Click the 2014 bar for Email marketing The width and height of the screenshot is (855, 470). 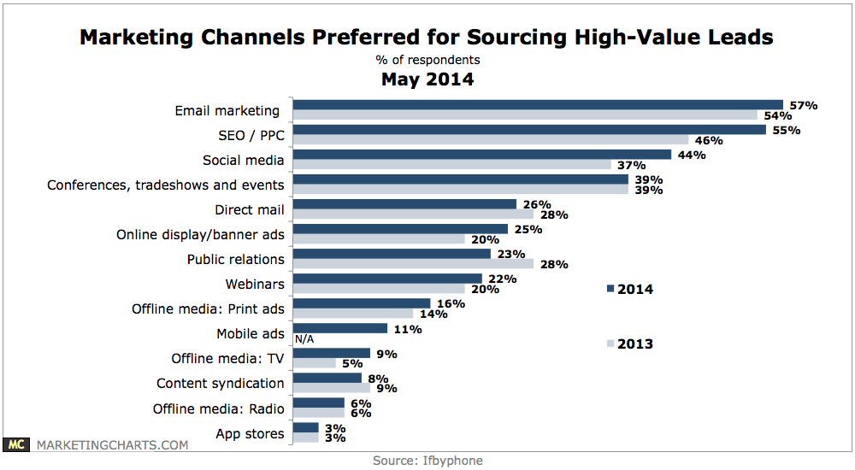point(538,105)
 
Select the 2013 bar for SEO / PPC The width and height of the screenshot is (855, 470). point(491,139)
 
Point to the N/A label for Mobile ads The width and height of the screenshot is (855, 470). point(305,338)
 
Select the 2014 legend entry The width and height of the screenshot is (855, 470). point(630,289)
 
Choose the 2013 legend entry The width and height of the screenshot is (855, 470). point(630,344)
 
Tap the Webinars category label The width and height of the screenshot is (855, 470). point(255,284)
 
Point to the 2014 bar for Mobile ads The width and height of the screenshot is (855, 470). point(340,327)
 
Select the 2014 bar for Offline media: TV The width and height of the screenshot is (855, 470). point(332,352)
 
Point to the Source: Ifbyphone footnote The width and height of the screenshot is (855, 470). point(427,461)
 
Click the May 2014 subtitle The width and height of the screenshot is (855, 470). point(427,79)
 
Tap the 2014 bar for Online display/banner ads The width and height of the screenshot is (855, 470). point(400,229)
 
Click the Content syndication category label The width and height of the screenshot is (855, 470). point(221,383)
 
